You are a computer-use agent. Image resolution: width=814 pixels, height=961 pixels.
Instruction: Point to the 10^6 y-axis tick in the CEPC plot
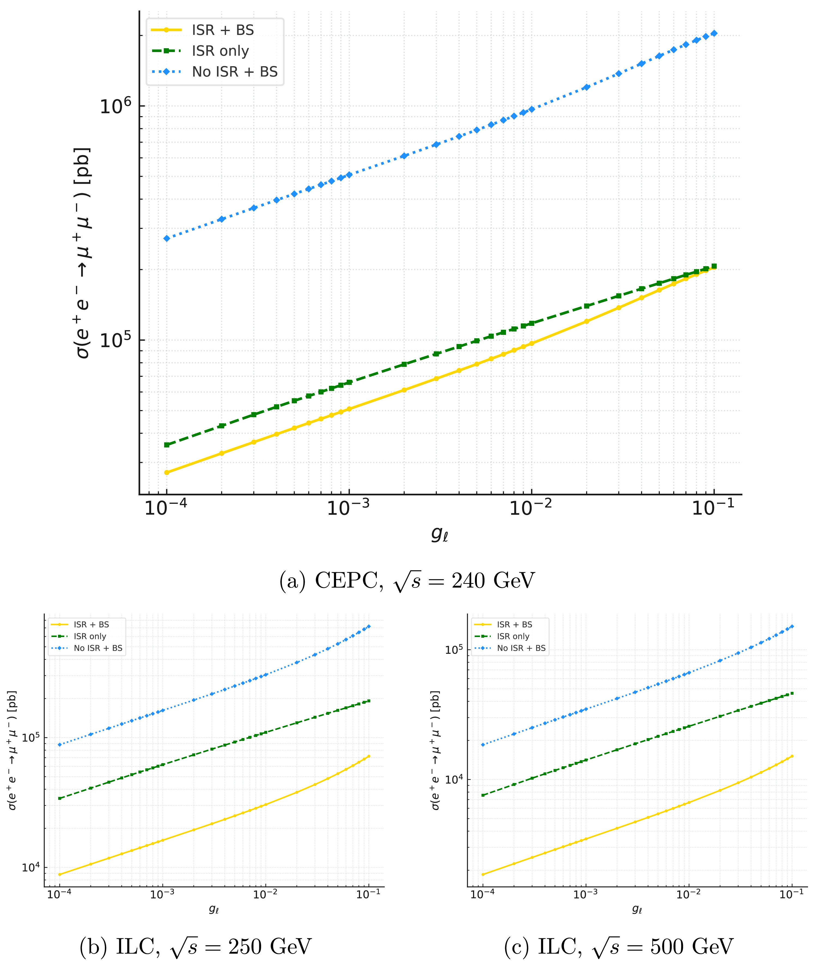click(116, 107)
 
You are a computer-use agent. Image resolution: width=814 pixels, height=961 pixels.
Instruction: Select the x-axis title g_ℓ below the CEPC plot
click(439, 534)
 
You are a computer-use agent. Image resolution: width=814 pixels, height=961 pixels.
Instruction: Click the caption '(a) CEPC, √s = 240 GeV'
click(407, 581)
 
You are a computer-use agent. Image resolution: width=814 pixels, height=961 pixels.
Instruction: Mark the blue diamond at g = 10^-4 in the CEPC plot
click(167, 238)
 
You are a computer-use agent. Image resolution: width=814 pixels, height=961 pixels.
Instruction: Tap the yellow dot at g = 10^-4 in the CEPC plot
click(167, 472)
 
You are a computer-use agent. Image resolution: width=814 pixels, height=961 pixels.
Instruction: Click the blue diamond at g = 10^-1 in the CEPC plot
click(714, 33)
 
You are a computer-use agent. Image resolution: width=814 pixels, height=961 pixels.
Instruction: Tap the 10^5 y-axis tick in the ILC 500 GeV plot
click(454, 650)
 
